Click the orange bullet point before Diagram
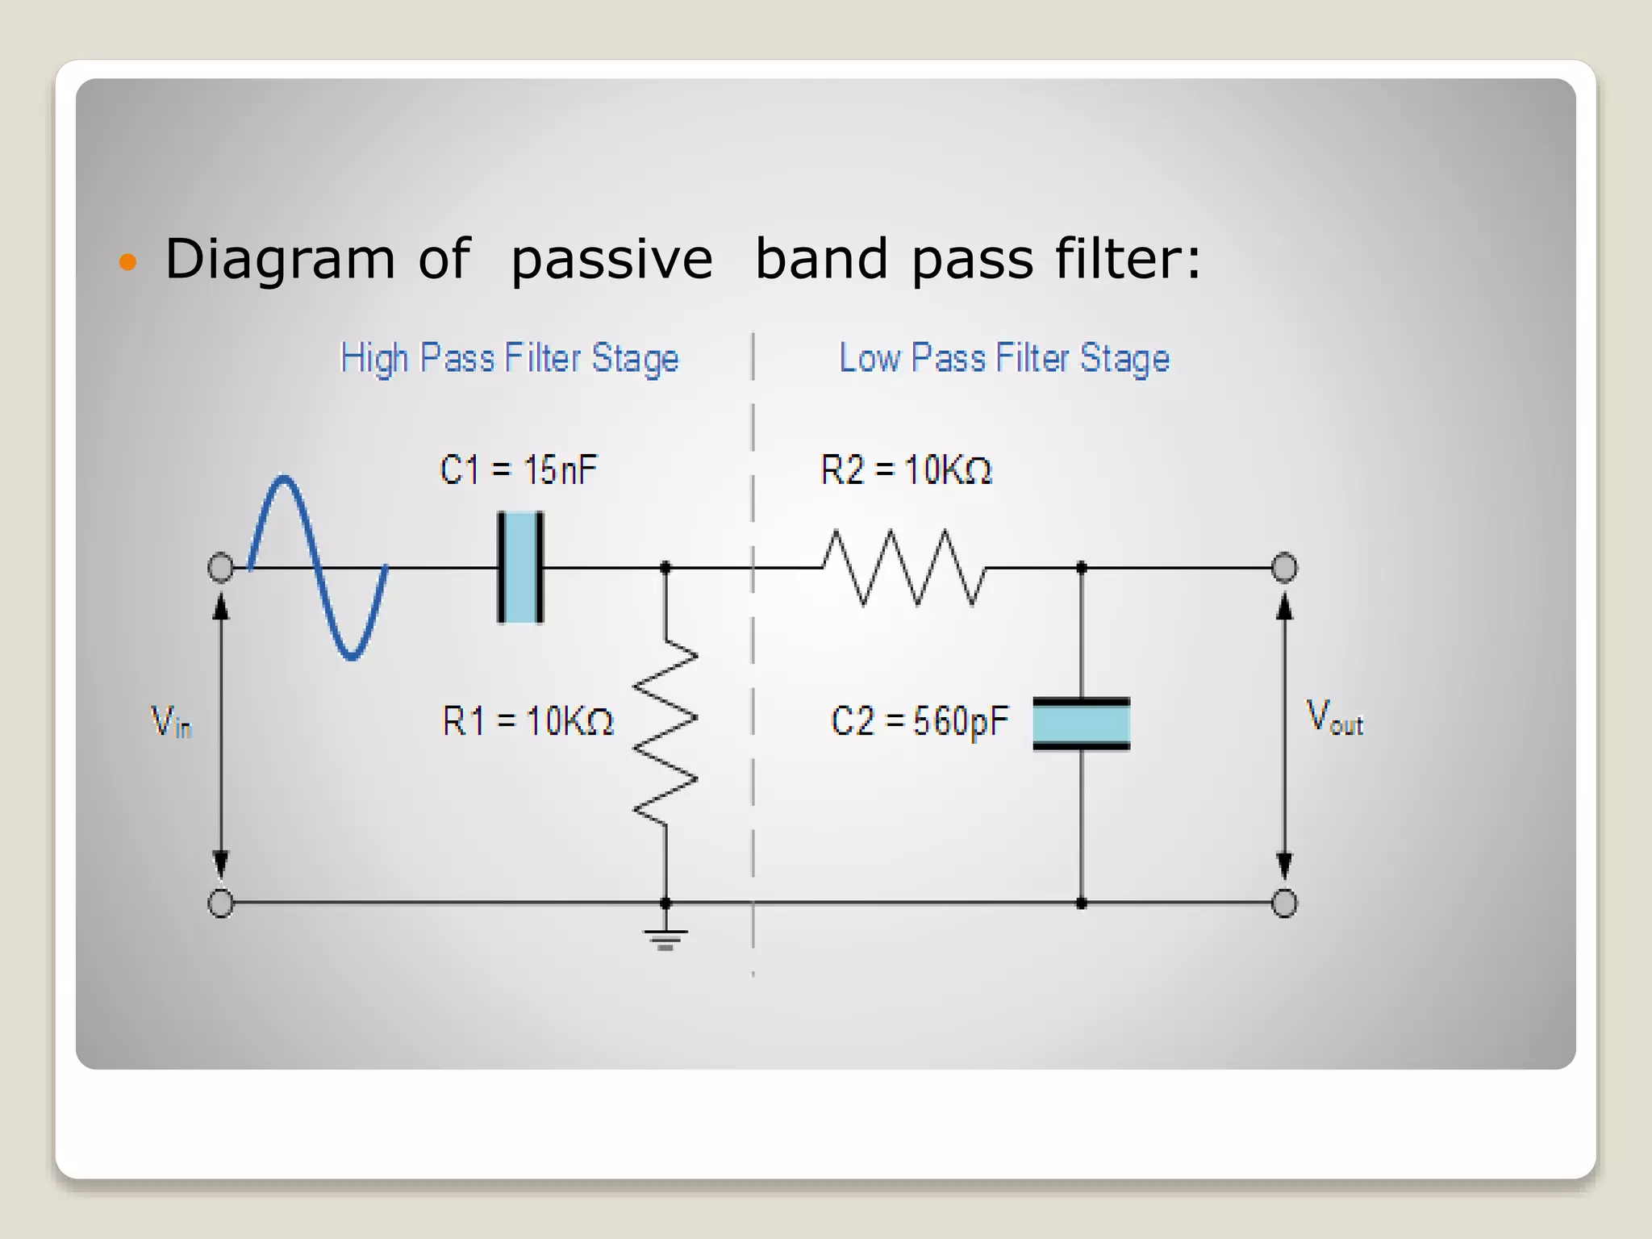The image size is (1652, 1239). (x=127, y=261)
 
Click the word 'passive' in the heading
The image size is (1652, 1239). (x=611, y=261)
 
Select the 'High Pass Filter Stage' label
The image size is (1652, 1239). (x=509, y=358)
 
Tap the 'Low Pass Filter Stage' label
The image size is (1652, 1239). (x=1003, y=358)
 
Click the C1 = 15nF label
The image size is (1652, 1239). (x=518, y=469)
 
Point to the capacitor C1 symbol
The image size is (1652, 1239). (x=520, y=567)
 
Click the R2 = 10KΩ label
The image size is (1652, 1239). (x=905, y=469)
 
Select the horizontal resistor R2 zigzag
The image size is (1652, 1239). (x=903, y=567)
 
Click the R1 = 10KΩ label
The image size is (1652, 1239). (x=528, y=720)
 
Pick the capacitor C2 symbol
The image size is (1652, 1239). (x=1081, y=724)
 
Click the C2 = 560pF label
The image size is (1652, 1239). (x=919, y=720)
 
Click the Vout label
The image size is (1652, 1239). (x=1333, y=717)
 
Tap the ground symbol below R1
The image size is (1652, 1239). (x=665, y=938)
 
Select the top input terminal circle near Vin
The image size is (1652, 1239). (x=221, y=567)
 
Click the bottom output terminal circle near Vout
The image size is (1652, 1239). (x=1284, y=903)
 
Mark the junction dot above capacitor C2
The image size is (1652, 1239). (x=1081, y=568)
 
